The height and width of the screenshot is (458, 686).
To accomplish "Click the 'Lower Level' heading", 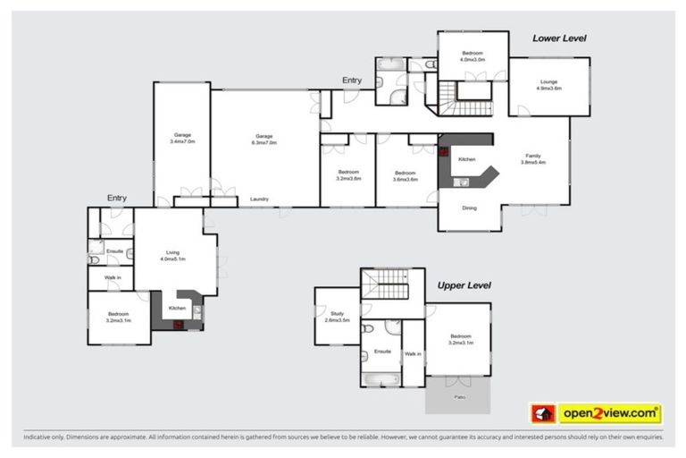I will tap(559, 38).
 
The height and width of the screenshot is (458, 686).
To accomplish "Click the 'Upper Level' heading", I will tap(464, 285).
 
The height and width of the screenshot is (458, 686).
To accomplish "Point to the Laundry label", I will tap(260, 199).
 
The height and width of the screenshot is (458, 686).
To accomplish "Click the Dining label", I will tap(469, 208).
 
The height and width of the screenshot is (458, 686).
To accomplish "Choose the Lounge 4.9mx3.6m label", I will tap(548, 85).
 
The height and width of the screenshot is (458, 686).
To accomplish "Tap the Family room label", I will tap(532, 159).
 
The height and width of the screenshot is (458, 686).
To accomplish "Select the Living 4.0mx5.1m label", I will tap(172, 256).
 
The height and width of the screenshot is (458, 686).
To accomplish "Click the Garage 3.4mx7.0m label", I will tap(182, 139).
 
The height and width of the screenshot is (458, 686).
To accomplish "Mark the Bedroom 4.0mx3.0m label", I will tap(473, 56).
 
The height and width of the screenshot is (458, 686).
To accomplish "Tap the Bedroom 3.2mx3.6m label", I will tap(347, 175).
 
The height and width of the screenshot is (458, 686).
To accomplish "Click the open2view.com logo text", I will tap(609, 413).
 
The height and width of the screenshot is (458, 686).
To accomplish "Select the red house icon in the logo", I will tap(542, 413).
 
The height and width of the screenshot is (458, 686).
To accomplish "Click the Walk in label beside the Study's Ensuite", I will tap(412, 354).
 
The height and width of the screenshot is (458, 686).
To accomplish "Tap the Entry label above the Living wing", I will tap(117, 198).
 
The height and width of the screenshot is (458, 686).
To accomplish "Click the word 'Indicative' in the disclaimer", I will tap(42, 438).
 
